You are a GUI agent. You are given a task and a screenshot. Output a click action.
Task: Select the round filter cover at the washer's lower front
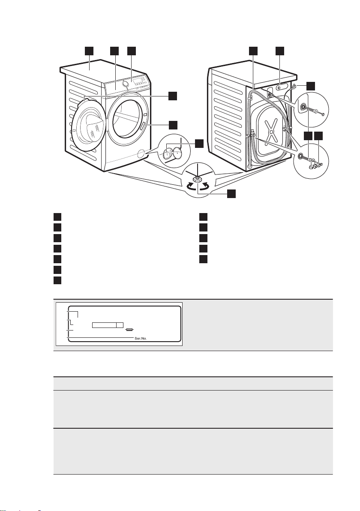pyautogui.click(x=140, y=153)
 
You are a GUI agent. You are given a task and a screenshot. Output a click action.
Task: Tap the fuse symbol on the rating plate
pyautogui.click(x=129, y=330)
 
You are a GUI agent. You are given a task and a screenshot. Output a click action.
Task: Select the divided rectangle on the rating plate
pyautogui.click(x=108, y=325)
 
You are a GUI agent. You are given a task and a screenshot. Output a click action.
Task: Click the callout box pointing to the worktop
pyautogui.click(x=89, y=51)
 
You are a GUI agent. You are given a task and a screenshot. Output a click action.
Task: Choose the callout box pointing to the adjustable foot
pyautogui.click(x=231, y=194)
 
